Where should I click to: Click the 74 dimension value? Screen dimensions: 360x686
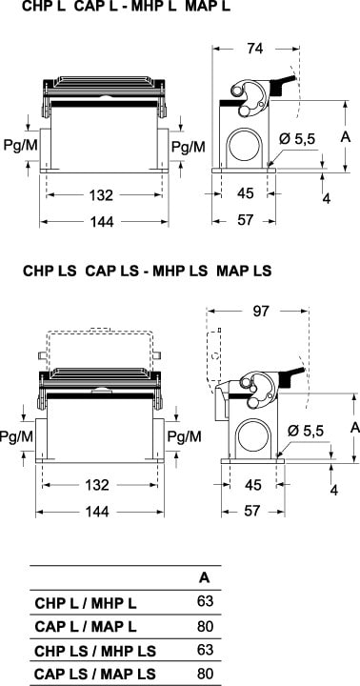click(254, 49)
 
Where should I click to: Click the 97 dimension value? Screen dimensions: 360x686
click(261, 311)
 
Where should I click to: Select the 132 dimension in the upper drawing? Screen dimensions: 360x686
click(102, 195)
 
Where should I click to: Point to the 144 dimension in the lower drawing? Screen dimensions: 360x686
click(97, 512)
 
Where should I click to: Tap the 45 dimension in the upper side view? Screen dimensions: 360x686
click(245, 192)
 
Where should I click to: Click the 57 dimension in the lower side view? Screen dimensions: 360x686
click(251, 511)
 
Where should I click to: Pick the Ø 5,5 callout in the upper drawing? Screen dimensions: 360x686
click(297, 139)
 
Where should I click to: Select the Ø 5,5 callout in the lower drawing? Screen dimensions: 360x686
click(306, 431)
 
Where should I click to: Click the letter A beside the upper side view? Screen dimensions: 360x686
click(346, 137)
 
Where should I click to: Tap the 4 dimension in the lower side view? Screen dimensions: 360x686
click(334, 490)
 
